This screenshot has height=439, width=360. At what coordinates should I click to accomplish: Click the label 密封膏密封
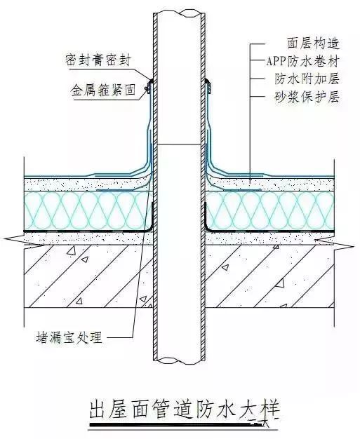pos(98,60)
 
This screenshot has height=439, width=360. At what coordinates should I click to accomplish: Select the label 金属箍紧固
pos(103,90)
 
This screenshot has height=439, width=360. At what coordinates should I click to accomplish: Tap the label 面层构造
pos(313,43)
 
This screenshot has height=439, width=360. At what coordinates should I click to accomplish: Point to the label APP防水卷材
pos(302,61)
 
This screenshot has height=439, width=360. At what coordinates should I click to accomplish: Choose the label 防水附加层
pos(307,79)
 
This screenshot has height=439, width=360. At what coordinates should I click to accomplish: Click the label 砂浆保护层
pos(307,97)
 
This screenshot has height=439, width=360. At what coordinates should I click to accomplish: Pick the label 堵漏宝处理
pos(69,337)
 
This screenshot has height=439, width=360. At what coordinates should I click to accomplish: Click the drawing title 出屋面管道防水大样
pos(185,410)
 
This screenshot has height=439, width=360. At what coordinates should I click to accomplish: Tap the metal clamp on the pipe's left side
pos(149,86)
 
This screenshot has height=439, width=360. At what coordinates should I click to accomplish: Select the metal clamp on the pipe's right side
pos(208,86)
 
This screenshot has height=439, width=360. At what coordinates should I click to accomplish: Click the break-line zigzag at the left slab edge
pos(24,242)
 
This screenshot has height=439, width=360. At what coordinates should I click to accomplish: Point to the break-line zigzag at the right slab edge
pos(334,243)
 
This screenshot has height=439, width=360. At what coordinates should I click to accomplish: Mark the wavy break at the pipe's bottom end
pos(180,361)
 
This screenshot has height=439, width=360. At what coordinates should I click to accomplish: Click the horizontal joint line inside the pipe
pos(180,144)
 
